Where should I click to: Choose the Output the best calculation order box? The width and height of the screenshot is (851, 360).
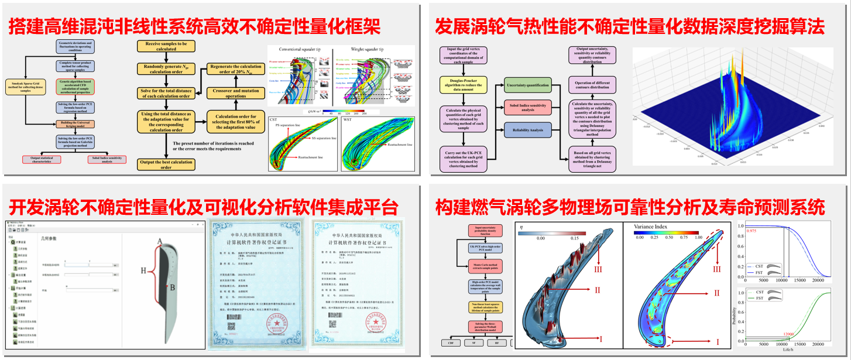166,164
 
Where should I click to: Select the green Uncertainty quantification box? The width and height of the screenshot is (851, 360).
528,85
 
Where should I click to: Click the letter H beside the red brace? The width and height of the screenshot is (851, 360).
143,270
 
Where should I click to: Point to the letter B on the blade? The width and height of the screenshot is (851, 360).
173,287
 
